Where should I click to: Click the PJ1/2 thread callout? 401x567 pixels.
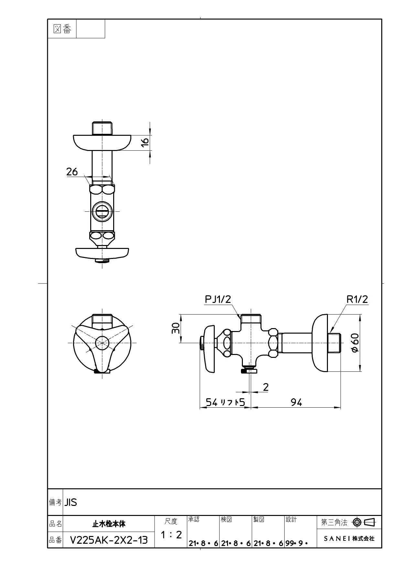coord(218,299)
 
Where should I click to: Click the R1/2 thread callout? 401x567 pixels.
coord(357,299)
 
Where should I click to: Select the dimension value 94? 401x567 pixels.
coord(296,402)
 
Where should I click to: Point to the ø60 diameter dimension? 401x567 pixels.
coord(355,344)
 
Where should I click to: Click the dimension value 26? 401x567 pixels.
coord(72,172)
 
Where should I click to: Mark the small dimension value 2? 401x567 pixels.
coord(266,387)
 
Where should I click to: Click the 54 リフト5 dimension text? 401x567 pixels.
coord(226,402)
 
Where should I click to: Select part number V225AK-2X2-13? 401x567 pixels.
coord(109,540)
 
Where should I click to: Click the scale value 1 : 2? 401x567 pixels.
coord(171,535)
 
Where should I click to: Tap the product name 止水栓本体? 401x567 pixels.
coord(109,524)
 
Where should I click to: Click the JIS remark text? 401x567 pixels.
coord(71,502)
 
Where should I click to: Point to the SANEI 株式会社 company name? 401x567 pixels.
coord(349,539)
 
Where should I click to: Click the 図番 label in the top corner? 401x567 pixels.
coord(62,29)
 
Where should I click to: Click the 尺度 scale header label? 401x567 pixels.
coord(171,521)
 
